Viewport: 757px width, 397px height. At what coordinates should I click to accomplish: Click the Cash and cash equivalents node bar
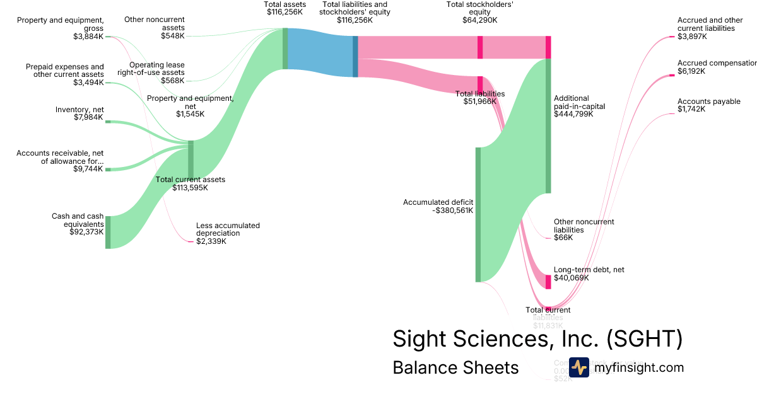tap(108, 232)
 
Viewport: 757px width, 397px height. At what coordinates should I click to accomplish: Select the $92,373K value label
tap(86, 232)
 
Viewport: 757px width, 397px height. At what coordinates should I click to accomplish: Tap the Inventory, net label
tap(79, 110)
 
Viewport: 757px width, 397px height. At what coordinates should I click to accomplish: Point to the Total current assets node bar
tap(191, 160)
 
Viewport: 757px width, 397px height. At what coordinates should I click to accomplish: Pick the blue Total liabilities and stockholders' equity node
tap(355, 57)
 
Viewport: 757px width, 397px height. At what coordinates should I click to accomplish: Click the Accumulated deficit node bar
tap(478, 214)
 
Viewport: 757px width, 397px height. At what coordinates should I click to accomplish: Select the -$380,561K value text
tap(453, 210)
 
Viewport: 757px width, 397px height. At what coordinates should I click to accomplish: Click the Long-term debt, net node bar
tap(548, 282)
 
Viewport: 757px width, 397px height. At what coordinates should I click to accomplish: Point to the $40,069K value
tap(571, 278)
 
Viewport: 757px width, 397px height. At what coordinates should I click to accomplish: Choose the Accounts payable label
tap(708, 101)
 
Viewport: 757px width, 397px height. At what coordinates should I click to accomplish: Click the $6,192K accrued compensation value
tap(691, 71)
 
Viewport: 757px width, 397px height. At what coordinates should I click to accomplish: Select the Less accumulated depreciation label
tap(228, 229)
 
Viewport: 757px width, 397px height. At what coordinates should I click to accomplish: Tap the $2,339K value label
tap(211, 241)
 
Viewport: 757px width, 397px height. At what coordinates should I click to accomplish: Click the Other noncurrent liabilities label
tap(584, 226)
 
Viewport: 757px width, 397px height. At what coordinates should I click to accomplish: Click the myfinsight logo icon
tap(578, 367)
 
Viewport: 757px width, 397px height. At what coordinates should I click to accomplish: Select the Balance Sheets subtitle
tap(455, 367)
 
